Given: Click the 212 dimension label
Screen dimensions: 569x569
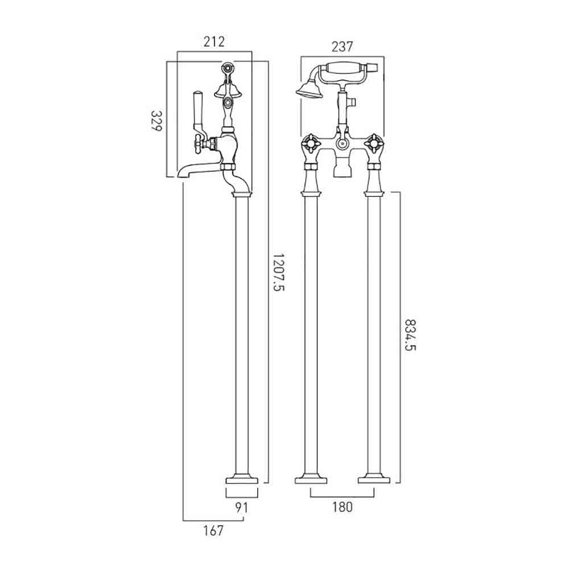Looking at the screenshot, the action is [214, 42].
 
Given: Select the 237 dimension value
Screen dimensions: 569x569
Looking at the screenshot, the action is [342, 47].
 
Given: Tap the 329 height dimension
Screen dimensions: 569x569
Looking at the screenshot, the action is [156, 121].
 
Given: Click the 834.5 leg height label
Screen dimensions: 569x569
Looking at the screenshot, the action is [410, 335].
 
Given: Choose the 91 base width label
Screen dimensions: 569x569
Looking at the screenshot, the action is [242, 508].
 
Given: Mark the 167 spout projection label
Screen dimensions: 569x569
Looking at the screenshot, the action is [213, 531].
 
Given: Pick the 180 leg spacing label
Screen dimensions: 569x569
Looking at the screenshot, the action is [342, 507].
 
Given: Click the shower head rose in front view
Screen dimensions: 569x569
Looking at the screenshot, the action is [306, 89].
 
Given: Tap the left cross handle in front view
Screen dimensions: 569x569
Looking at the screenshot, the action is [311, 144].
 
